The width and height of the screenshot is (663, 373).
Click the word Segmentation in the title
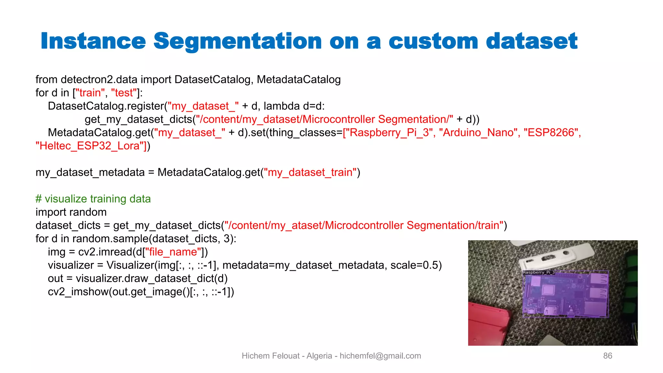pyautogui.click(x=237, y=41)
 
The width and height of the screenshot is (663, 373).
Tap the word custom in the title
pyautogui.click(x=433, y=41)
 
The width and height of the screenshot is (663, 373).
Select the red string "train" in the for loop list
pyautogui.click(x=90, y=93)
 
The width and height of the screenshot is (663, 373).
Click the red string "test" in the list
pyautogui.click(x=124, y=93)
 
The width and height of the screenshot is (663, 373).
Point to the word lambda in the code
pyautogui.click(x=282, y=106)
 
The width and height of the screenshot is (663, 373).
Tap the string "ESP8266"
pyautogui.click(x=551, y=133)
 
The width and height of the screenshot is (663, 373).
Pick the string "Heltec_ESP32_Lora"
pyautogui.click(x=91, y=146)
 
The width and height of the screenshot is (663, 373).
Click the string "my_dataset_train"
pyautogui.click(x=310, y=173)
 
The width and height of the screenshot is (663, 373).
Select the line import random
pyautogui.click(x=71, y=212)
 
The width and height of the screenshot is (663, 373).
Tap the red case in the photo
pyautogui.click(x=489, y=324)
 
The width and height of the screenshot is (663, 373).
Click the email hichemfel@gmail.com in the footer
pyautogui.click(x=380, y=356)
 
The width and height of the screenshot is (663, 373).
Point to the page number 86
pyautogui.click(x=607, y=356)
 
